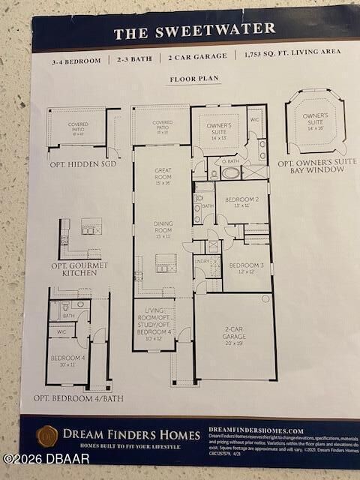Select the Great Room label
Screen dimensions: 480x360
click(x=163, y=175)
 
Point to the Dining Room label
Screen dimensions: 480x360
click(x=163, y=226)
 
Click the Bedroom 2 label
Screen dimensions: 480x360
click(x=241, y=201)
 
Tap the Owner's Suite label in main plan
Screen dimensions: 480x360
click(x=219, y=131)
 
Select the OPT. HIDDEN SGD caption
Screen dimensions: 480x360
click(x=82, y=163)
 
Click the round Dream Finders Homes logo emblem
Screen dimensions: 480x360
click(x=48, y=436)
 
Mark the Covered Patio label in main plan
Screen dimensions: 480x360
click(x=162, y=125)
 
